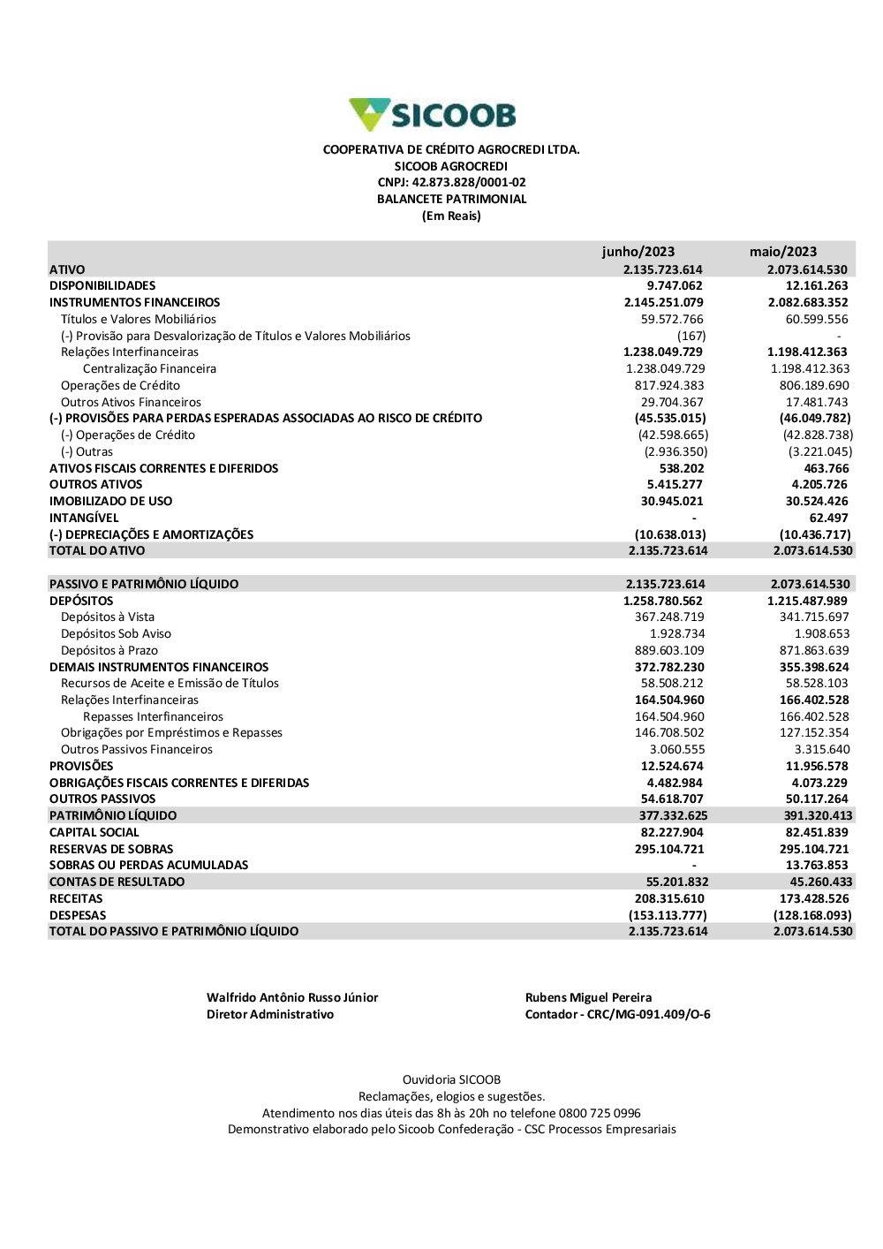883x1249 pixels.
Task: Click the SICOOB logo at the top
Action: [433, 115]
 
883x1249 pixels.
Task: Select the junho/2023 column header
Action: [638, 252]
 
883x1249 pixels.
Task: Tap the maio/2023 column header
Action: [783, 252]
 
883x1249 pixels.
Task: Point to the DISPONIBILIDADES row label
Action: [102, 286]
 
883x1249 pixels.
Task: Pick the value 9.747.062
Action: [675, 286]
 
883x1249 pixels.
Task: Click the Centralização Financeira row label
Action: [149, 369]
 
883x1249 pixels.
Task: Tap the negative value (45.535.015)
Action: [670, 419]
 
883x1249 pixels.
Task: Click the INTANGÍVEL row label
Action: [84, 519]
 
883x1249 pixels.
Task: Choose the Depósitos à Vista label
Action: [108, 617]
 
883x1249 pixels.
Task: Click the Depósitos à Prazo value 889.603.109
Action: [669, 651]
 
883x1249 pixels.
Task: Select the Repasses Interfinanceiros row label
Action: [153, 717]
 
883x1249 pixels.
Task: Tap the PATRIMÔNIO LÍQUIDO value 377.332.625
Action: [673, 816]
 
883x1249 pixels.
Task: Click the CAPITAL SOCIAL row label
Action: [94, 833]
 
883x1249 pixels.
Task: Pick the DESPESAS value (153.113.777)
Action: [668, 916]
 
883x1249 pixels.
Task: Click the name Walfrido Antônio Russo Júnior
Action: [292, 998]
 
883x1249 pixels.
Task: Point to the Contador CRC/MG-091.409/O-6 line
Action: [617, 1015]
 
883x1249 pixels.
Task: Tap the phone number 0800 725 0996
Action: [600, 1114]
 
